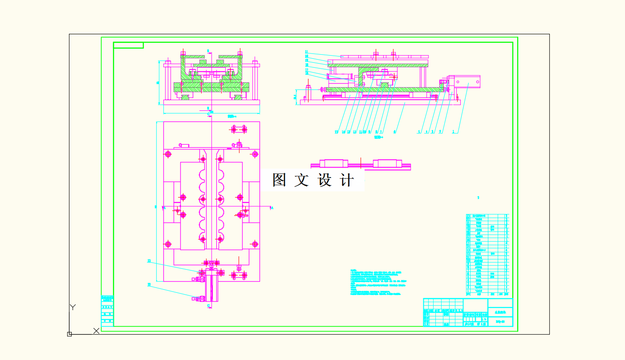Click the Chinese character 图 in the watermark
click(279, 180)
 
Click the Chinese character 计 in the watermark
click(347, 180)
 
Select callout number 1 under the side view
click(453, 132)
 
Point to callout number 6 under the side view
click(394, 132)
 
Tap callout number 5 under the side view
click(418, 132)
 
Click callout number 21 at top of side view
click(307, 52)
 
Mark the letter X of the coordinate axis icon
click(96, 331)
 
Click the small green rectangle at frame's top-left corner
click(128, 45)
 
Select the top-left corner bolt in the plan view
click(168, 154)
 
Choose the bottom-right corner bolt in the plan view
click(255, 244)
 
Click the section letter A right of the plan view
click(272, 208)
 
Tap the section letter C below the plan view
click(208, 306)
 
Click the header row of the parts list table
click(487, 294)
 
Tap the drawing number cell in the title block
click(500, 321)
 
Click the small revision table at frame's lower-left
click(107, 311)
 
